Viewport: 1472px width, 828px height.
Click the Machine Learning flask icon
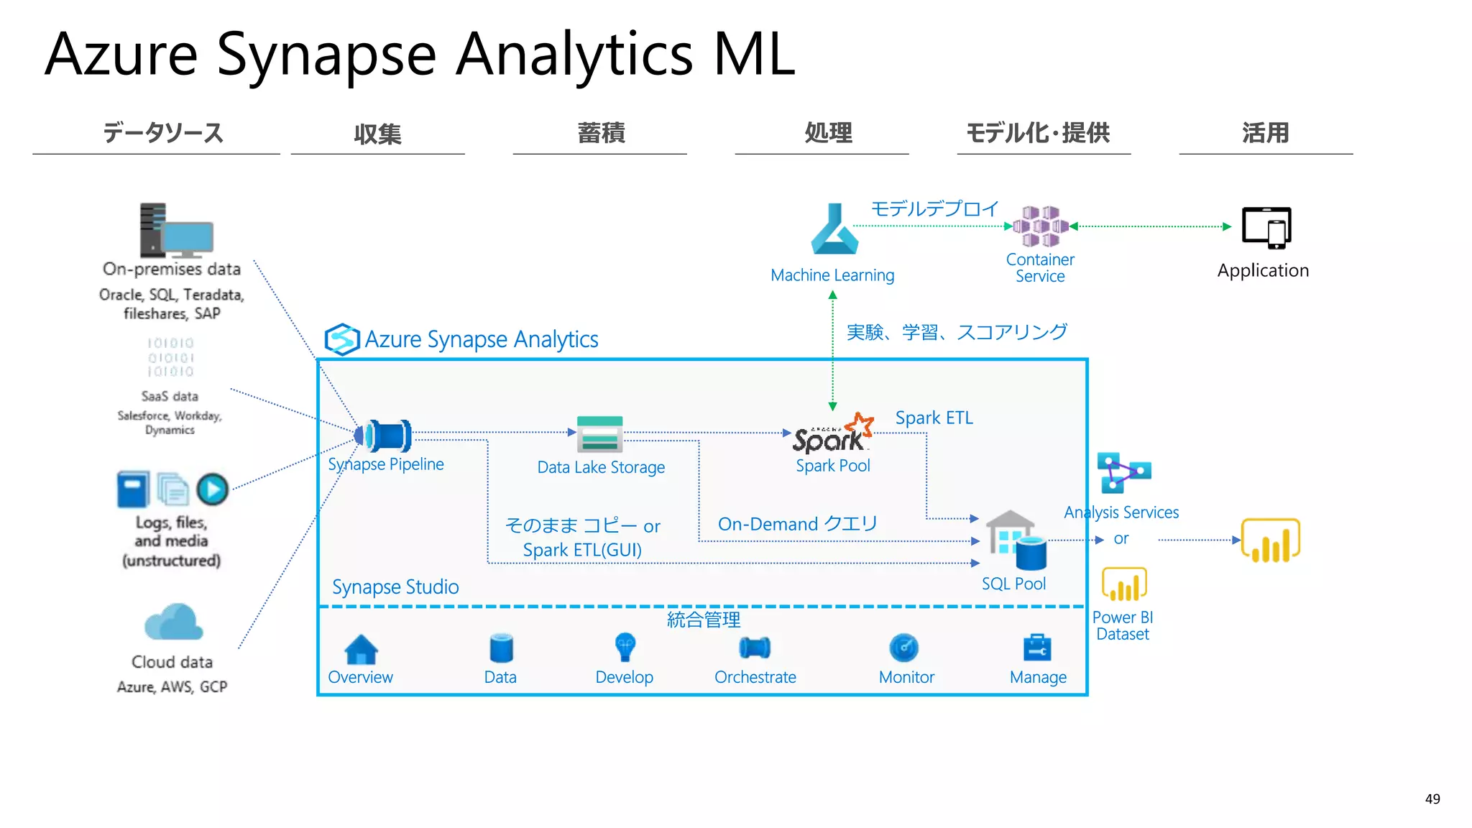pyautogui.click(x=834, y=230)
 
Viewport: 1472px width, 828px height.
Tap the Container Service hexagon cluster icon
pyautogui.click(x=1040, y=226)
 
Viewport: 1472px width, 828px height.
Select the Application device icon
pyautogui.click(x=1266, y=228)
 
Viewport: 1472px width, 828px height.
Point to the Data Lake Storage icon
pyautogui.click(x=599, y=434)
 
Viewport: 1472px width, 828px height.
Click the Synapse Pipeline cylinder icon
pyautogui.click(x=387, y=436)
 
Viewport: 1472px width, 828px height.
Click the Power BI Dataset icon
pyautogui.click(x=1124, y=584)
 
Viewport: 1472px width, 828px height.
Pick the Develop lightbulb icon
pyautogui.click(x=625, y=647)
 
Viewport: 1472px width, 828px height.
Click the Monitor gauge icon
pyautogui.click(x=903, y=648)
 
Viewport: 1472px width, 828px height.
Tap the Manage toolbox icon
pyautogui.click(x=1036, y=648)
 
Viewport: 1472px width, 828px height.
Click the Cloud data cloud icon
pyautogui.click(x=173, y=622)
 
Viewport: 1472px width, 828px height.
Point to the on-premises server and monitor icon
pyautogui.click(x=176, y=231)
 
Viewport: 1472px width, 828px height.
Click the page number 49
pyautogui.click(x=1432, y=799)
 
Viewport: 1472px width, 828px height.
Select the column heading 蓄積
pyautogui.click(x=601, y=133)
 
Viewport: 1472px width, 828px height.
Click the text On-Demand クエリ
pyautogui.click(x=797, y=524)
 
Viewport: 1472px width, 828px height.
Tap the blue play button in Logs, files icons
pyautogui.click(x=212, y=489)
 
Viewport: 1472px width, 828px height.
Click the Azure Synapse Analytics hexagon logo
pyautogui.click(x=341, y=339)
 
